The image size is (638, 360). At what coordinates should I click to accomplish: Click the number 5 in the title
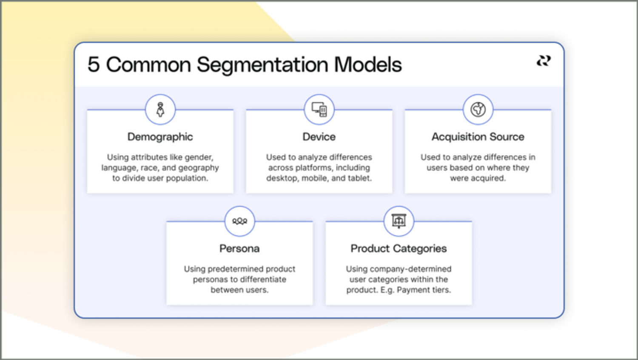pos(94,65)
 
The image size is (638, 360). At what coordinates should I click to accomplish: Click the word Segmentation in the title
pos(262,65)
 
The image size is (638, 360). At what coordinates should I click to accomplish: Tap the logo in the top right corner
pos(543,61)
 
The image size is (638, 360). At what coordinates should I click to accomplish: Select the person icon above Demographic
pos(160,110)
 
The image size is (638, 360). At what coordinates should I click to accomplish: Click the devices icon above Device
pos(319,110)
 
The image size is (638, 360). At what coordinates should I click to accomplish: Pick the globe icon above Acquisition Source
pos(478,110)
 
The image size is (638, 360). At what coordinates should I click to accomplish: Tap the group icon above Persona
pos(239,221)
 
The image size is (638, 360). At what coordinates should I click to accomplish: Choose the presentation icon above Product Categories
pos(399,221)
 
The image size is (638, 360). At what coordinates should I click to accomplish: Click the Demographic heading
pos(160,137)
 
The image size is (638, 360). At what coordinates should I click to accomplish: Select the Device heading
pos(319,137)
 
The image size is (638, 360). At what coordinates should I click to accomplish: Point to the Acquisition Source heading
pos(478,137)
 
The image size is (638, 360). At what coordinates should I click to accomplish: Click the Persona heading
pos(239,249)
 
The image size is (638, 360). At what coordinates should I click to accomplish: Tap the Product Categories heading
pos(399,249)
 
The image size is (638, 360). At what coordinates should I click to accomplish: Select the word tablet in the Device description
pos(359,179)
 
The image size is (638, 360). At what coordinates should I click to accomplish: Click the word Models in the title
pos(368,65)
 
